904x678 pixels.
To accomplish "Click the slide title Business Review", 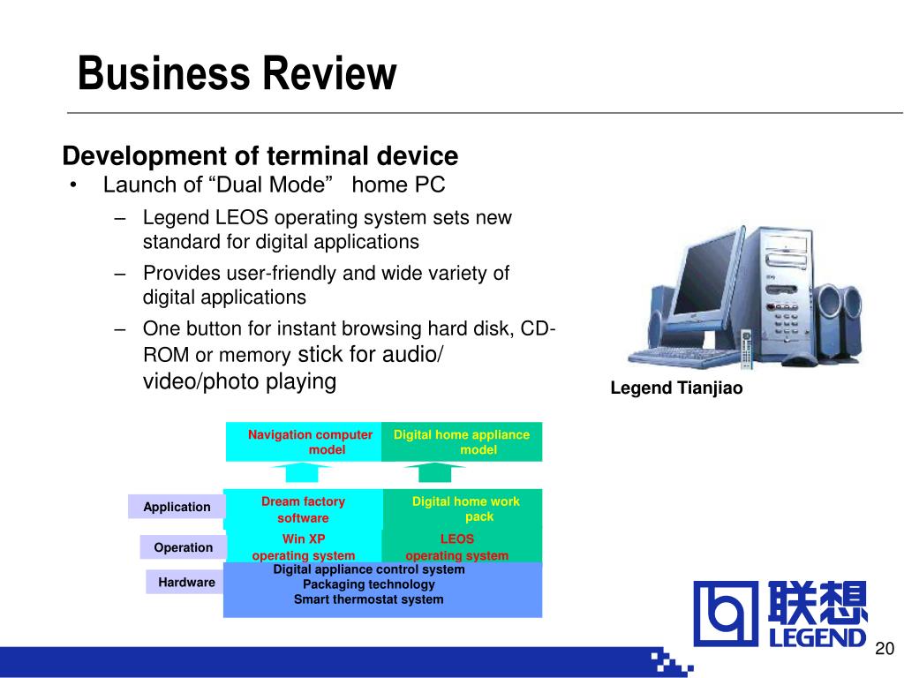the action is (237, 73).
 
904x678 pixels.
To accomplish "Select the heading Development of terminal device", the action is (260, 155).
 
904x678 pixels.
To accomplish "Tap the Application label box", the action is (177, 507).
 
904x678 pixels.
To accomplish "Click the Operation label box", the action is (184, 547).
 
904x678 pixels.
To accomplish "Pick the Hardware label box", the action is (186, 583).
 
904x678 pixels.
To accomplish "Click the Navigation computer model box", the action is (304, 441).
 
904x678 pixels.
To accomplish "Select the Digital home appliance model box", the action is (462, 441).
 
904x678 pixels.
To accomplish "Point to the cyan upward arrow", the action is (302, 471).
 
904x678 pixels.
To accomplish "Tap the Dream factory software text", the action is (304, 509).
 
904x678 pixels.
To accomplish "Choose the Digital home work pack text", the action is (466, 508).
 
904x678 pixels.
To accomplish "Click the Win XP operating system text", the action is (304, 547).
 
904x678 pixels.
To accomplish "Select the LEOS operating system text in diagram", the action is (456, 547).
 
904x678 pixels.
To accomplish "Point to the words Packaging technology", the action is (369, 584).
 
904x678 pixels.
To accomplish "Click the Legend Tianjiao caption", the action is (676, 388).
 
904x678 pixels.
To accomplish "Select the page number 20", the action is (885, 648).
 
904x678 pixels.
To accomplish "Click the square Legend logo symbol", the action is (726, 614).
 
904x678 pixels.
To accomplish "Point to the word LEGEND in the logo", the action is (817, 637).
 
